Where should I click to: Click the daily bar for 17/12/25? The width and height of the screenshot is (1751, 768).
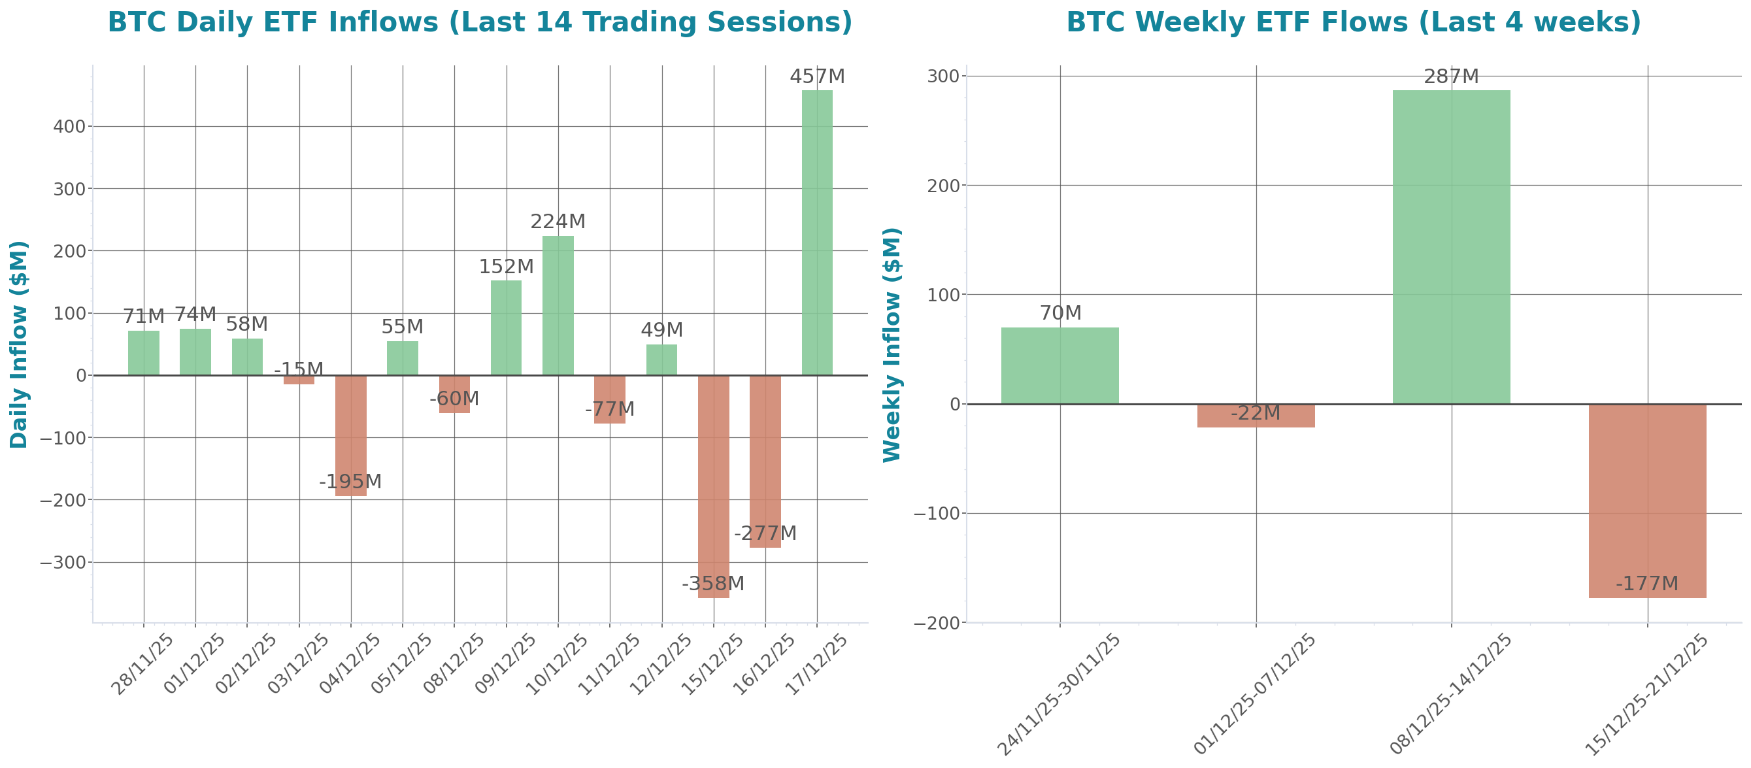click(x=816, y=232)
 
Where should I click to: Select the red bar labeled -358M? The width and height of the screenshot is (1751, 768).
click(x=713, y=486)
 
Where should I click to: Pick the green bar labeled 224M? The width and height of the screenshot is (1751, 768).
click(x=558, y=305)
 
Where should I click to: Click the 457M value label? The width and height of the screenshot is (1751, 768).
click(x=817, y=77)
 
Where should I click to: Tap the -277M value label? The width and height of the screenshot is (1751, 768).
click(x=765, y=533)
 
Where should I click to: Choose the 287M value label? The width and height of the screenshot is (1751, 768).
click(x=1451, y=77)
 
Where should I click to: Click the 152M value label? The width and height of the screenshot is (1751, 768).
click(x=506, y=267)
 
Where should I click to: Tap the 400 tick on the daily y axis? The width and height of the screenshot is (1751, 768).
click(x=69, y=127)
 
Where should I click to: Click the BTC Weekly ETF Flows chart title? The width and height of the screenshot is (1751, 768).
click(x=1353, y=22)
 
